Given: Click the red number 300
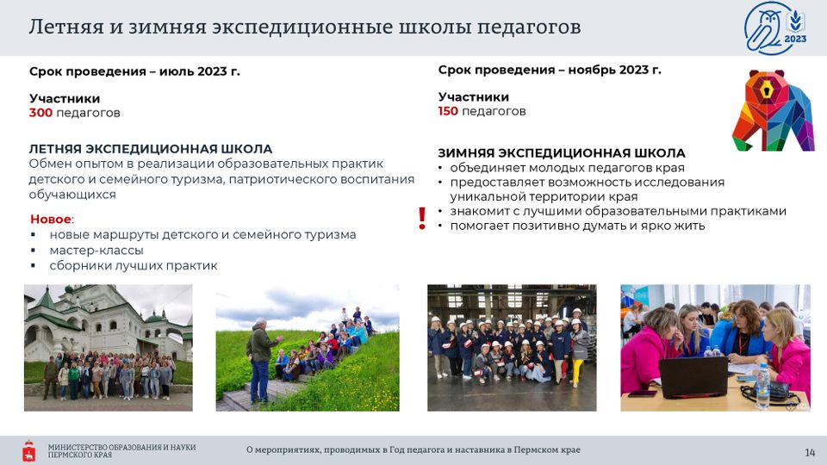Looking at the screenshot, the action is (40, 113).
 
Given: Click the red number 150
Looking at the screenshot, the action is (448, 111).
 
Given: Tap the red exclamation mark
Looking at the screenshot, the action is (422, 218).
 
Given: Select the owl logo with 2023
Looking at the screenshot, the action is (775, 28).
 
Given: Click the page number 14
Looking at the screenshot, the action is (810, 452).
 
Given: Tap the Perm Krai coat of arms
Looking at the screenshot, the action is (29, 450).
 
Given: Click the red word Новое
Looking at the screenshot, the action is (51, 220).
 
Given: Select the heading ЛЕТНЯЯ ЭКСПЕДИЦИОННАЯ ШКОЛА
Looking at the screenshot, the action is (150, 149).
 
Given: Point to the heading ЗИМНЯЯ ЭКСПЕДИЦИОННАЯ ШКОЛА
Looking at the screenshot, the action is (561, 153).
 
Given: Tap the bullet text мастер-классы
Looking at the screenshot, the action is (96, 251).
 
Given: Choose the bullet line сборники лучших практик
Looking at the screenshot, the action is (134, 266).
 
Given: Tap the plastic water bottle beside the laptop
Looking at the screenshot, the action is (762, 386).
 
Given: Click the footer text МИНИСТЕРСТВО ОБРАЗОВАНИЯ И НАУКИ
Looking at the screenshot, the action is (121, 447).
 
